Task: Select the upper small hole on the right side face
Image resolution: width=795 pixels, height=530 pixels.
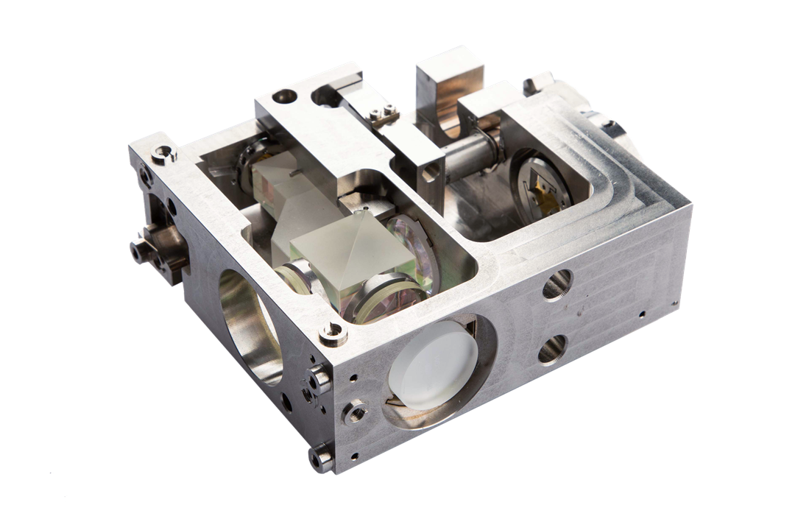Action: click(556, 283)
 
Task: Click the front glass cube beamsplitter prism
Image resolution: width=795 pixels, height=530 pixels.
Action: click(350, 254)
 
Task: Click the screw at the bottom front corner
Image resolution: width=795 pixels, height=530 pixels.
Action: click(322, 460)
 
